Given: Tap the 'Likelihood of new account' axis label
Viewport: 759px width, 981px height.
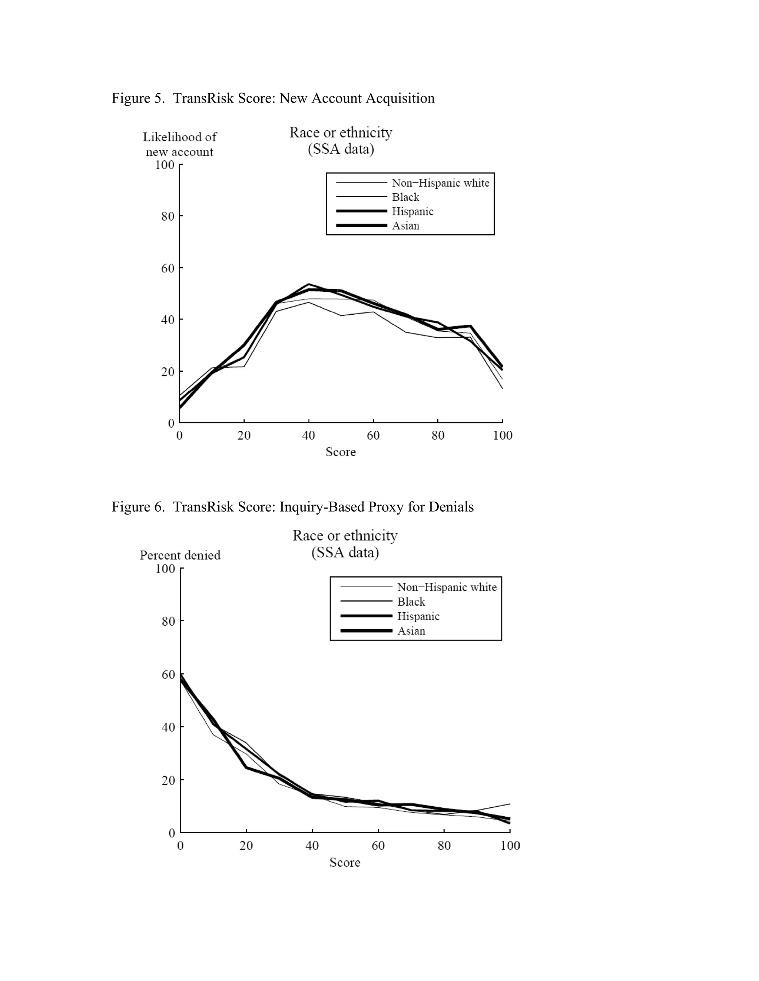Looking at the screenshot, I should [x=179, y=144].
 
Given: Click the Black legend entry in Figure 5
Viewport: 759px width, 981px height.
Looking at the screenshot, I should [x=405, y=197].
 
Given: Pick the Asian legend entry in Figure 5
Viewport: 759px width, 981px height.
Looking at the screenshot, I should [x=405, y=226].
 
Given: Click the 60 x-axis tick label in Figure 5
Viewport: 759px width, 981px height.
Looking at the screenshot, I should [x=373, y=435].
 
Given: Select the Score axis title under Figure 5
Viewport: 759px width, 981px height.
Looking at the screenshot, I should [x=340, y=452].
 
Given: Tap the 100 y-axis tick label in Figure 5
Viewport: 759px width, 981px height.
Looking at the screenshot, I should [x=165, y=165].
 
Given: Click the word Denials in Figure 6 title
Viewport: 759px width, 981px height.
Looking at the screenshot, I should [x=451, y=507].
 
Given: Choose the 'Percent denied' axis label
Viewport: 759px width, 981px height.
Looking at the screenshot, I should [x=180, y=556].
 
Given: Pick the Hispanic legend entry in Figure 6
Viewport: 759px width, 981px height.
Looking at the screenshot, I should [x=418, y=616].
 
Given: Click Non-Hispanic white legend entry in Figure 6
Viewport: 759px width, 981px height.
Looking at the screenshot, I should [x=447, y=587].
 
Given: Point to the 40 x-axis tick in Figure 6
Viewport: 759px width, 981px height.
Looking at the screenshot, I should [x=312, y=846].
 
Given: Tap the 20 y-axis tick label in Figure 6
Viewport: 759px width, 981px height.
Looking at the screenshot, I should [x=168, y=780].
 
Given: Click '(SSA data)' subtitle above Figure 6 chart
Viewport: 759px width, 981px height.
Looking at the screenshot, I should [x=345, y=552].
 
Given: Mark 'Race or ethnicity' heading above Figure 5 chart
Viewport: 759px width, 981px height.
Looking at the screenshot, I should [x=340, y=133].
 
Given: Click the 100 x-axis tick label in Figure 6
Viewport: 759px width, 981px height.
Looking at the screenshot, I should [x=510, y=846].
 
